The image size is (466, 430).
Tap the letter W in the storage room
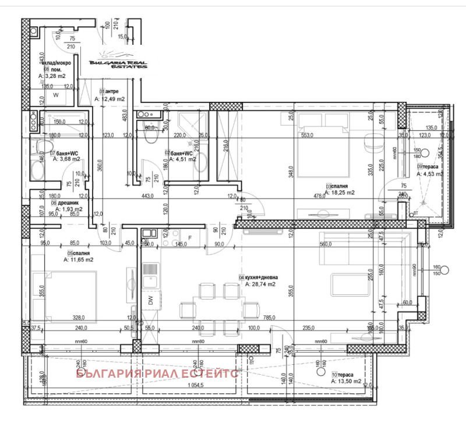[x=57, y=94]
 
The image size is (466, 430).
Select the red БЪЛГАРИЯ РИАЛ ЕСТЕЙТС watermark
[x=157, y=374]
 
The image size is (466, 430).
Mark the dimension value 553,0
[x=308, y=135]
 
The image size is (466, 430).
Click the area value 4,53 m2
[x=428, y=172]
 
